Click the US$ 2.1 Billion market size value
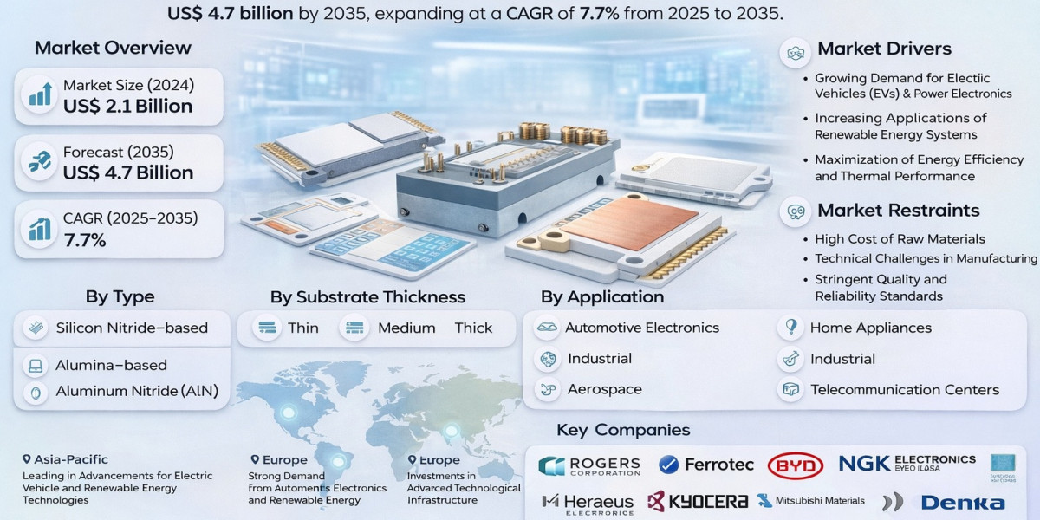(127, 107)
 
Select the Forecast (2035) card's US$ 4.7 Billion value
(127, 172)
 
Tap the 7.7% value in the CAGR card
(85, 240)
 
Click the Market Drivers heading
(884, 49)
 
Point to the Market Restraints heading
(898, 210)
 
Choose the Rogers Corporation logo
(589, 466)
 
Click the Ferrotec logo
(706, 465)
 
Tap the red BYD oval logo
(795, 466)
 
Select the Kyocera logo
(698, 501)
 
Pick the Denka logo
(962, 502)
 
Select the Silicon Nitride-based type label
(132, 328)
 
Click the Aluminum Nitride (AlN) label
(137, 391)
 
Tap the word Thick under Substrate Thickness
(473, 328)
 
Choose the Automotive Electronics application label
(641, 328)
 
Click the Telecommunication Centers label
(905, 390)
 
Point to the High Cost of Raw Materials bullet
(900, 238)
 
